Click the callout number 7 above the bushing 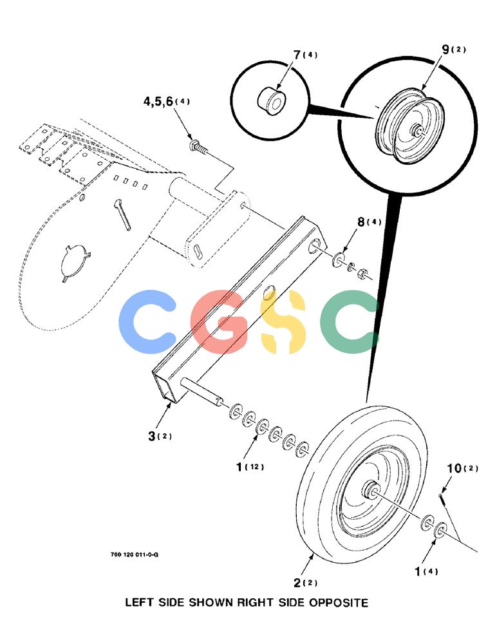(297, 55)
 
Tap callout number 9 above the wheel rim (446, 50)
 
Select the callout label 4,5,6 (158, 102)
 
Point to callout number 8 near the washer (361, 222)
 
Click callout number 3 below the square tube (152, 436)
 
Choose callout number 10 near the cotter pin (455, 468)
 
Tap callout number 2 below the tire (298, 583)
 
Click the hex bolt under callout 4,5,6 (199, 146)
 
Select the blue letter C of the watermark (147, 322)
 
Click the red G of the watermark (220, 322)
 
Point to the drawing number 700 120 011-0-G (135, 555)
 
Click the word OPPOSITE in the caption (339, 603)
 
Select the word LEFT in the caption (139, 603)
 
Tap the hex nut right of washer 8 (362, 273)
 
